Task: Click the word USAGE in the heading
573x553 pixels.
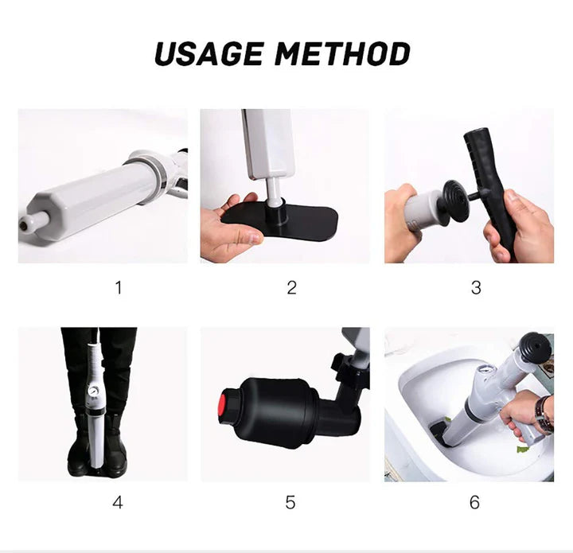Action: pyautogui.click(x=209, y=53)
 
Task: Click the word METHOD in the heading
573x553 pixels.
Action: pyautogui.click(x=342, y=53)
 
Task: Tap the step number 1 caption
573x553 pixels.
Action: pyautogui.click(x=118, y=287)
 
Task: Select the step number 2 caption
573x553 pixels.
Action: pyautogui.click(x=291, y=287)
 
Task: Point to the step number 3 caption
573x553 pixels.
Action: pyautogui.click(x=476, y=287)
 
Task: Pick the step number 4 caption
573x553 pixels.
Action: pyautogui.click(x=118, y=503)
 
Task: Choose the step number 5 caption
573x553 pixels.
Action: pyautogui.click(x=290, y=503)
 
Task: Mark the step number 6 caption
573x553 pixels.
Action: pyautogui.click(x=474, y=503)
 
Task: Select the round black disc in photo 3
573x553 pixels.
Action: pyautogui.click(x=455, y=201)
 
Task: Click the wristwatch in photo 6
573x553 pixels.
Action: pyautogui.click(x=544, y=415)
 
